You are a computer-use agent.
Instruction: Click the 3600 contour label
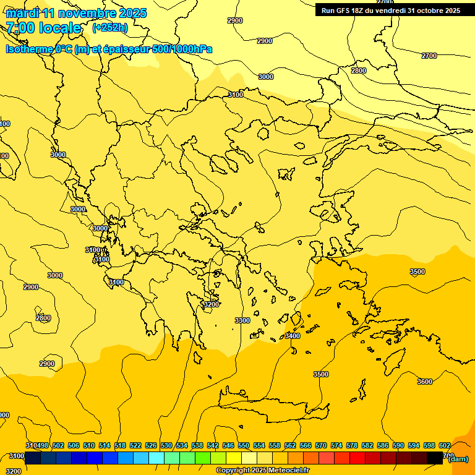pyautogui.click(x=424, y=382)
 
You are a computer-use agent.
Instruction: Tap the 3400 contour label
pyautogui.click(x=292, y=336)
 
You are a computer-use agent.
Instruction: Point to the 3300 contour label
pyautogui.click(x=242, y=320)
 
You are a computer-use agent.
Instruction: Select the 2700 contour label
pyautogui.click(x=429, y=56)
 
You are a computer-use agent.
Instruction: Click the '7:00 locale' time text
pyautogui.click(x=43, y=28)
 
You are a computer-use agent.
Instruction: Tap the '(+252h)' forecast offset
pyautogui.click(x=110, y=28)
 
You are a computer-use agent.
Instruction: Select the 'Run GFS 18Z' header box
pyautogui.click(x=390, y=11)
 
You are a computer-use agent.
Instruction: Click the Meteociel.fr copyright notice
pyautogui.click(x=262, y=471)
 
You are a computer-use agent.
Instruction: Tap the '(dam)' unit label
pyautogui.click(x=458, y=459)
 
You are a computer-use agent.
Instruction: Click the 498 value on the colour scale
pyautogui.click(x=41, y=445)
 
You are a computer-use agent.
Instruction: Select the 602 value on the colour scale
pyautogui.click(x=444, y=445)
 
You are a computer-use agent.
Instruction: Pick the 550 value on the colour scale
pyautogui.click(x=243, y=445)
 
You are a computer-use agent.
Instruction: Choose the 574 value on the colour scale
pyautogui.click(x=336, y=445)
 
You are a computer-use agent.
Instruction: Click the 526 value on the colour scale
pyautogui.click(x=150, y=445)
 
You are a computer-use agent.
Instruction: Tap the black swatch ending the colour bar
pyautogui.click(x=435, y=458)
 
